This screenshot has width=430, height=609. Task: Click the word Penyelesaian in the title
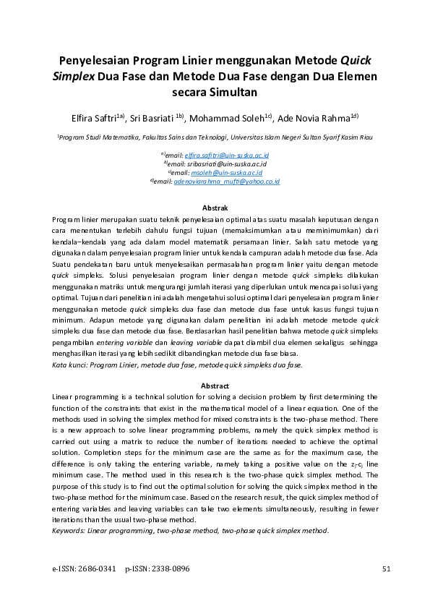point(95,61)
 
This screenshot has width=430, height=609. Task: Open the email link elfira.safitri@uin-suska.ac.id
point(227,156)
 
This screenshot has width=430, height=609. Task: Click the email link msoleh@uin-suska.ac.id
point(225,173)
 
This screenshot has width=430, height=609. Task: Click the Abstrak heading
point(215,208)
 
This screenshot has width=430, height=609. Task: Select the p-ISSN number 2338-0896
point(172,569)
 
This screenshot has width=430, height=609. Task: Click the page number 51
point(385,569)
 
